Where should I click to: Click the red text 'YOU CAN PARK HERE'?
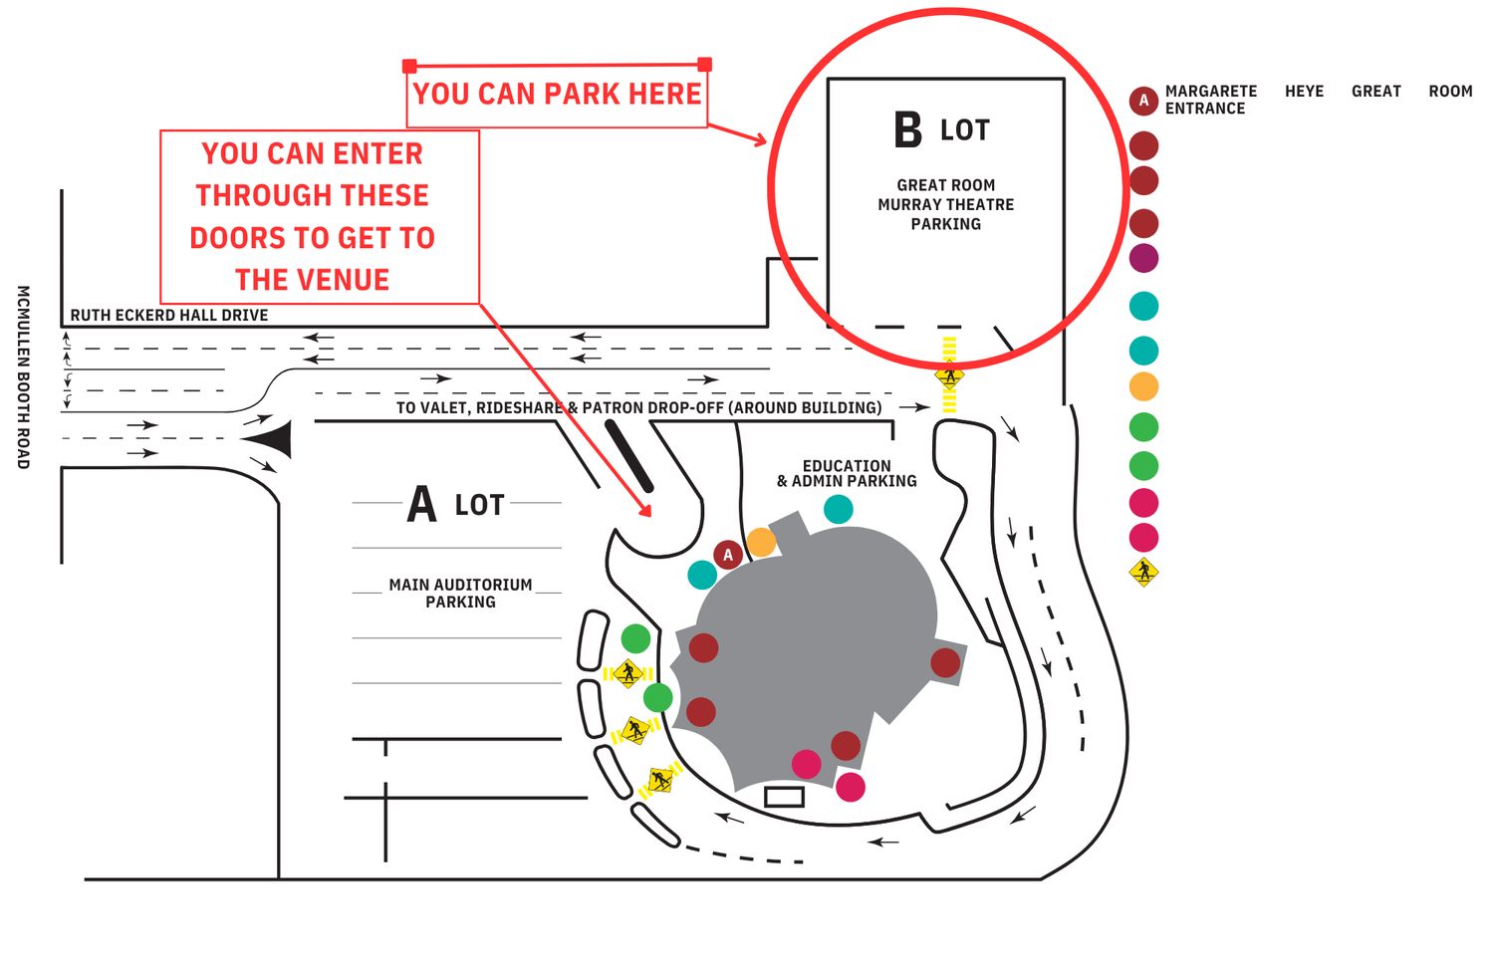tap(557, 94)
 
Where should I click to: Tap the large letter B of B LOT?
tap(907, 129)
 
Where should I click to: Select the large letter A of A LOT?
tap(421, 504)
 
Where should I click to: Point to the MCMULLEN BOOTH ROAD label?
tap(23, 377)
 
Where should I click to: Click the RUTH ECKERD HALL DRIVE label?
tap(169, 316)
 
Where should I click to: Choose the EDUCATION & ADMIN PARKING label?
tap(847, 473)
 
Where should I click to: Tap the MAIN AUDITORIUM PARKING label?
tap(461, 594)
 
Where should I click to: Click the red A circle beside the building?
tap(728, 554)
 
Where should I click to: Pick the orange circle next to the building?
tap(761, 542)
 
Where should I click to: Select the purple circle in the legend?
tap(1143, 258)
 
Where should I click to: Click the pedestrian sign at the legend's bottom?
tap(1143, 572)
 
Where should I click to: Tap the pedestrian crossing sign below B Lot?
tap(949, 375)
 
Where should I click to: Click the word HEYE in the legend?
tap(1304, 92)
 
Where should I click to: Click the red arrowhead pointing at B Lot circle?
tap(759, 139)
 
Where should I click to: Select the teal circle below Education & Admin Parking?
tap(839, 510)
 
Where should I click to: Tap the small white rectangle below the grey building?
tap(784, 797)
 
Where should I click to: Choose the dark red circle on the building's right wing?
tap(945, 663)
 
